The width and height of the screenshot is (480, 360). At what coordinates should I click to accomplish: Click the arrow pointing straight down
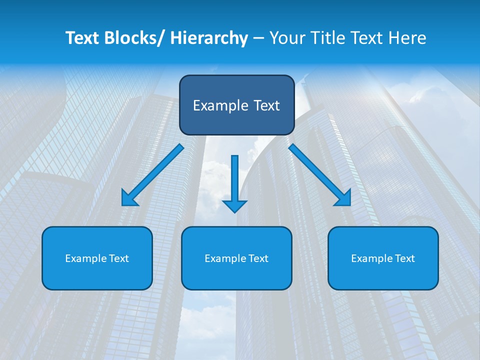click(x=234, y=182)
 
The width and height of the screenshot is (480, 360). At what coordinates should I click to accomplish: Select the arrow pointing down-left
click(x=152, y=175)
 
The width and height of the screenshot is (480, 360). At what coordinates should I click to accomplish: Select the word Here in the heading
click(x=407, y=38)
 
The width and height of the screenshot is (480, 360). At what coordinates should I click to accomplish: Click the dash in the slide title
click(x=258, y=38)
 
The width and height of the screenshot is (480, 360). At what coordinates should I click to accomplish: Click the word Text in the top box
click(x=266, y=105)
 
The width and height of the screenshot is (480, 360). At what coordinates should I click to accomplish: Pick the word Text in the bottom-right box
click(x=404, y=258)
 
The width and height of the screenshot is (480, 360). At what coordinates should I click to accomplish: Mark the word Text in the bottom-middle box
click(x=257, y=258)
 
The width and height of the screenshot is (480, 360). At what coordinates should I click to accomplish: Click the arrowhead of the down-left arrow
click(x=128, y=198)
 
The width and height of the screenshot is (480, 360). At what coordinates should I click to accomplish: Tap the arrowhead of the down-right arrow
click(x=344, y=198)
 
